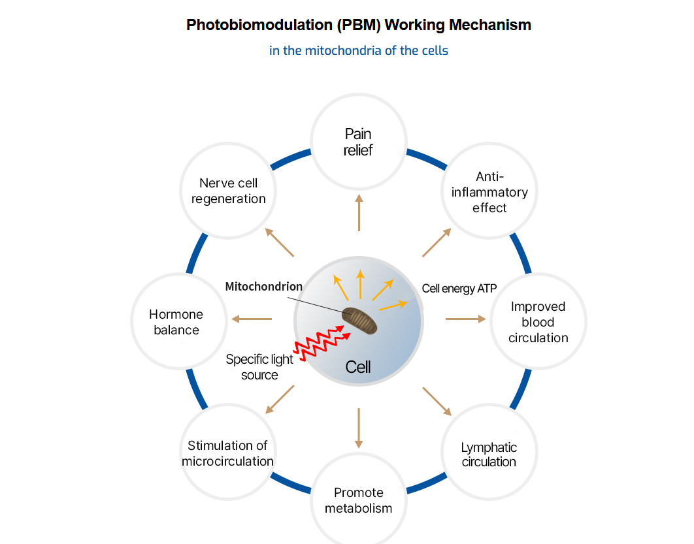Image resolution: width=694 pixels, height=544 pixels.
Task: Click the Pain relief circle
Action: (358, 142)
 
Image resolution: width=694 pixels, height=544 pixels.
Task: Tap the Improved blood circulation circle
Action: (538, 321)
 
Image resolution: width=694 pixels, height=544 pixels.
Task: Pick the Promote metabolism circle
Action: (358, 500)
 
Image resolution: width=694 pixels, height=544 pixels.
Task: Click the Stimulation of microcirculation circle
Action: (227, 453)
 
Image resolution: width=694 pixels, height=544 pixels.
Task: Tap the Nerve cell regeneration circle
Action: (228, 191)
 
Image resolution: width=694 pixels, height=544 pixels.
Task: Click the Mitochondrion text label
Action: (263, 287)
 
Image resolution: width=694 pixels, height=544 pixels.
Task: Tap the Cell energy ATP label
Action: (459, 289)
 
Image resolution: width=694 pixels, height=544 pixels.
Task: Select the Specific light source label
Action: (260, 366)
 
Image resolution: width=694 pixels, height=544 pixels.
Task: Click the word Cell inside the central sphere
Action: (358, 367)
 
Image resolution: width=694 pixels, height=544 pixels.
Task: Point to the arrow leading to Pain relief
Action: (359, 212)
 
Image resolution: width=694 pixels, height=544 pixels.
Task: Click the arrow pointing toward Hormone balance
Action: (251, 319)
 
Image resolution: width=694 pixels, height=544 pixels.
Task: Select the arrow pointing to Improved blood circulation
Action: (466, 319)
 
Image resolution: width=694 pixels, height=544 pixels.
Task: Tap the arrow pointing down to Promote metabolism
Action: (359, 428)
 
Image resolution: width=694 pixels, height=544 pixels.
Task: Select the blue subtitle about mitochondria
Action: (359, 50)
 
